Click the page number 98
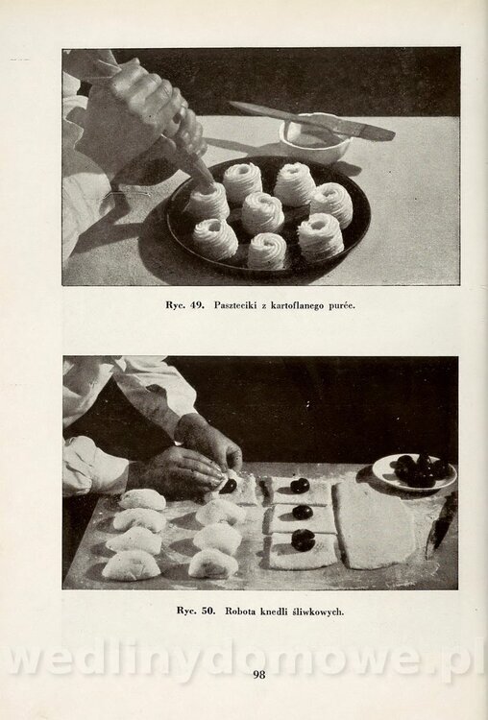coord(259,674)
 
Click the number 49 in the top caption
coord(197,305)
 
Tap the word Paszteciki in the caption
coord(235,305)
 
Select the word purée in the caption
coord(341,305)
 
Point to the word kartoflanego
coord(297,305)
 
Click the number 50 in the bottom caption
coord(208,611)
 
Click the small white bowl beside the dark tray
coord(314,138)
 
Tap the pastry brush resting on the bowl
coord(313,120)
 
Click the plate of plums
coord(414,471)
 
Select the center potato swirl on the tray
coord(262,213)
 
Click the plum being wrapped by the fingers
coord(229,486)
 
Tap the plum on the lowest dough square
coord(303,540)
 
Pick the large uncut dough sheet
coord(372,525)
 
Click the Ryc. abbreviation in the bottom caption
coord(186,612)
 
